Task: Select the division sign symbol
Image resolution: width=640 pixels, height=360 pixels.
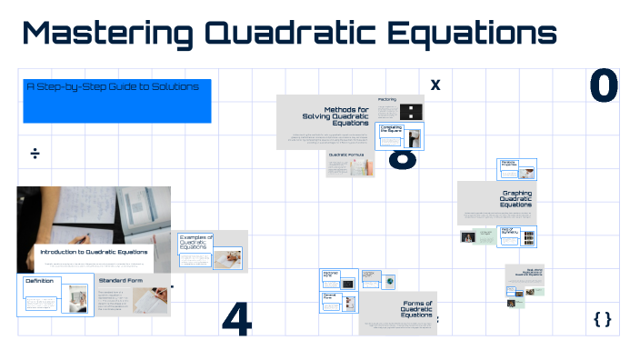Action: [x=35, y=153]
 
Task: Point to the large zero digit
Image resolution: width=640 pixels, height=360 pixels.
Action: [x=604, y=86]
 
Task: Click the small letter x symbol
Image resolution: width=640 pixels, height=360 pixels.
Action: [x=435, y=85]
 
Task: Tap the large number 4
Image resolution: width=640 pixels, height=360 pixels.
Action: [x=236, y=316]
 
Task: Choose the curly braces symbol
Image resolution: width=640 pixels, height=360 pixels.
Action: [x=602, y=318]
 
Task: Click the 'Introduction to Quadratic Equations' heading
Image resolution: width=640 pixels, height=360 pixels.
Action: [x=94, y=252]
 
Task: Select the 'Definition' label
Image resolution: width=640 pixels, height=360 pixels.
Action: [x=39, y=281]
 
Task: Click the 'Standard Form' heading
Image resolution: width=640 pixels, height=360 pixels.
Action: [x=120, y=281]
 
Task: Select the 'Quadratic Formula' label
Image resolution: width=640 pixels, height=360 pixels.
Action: [x=350, y=155]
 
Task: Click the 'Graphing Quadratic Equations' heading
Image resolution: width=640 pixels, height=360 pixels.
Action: [x=515, y=198]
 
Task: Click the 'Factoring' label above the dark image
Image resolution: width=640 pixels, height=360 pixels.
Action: [x=387, y=99]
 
